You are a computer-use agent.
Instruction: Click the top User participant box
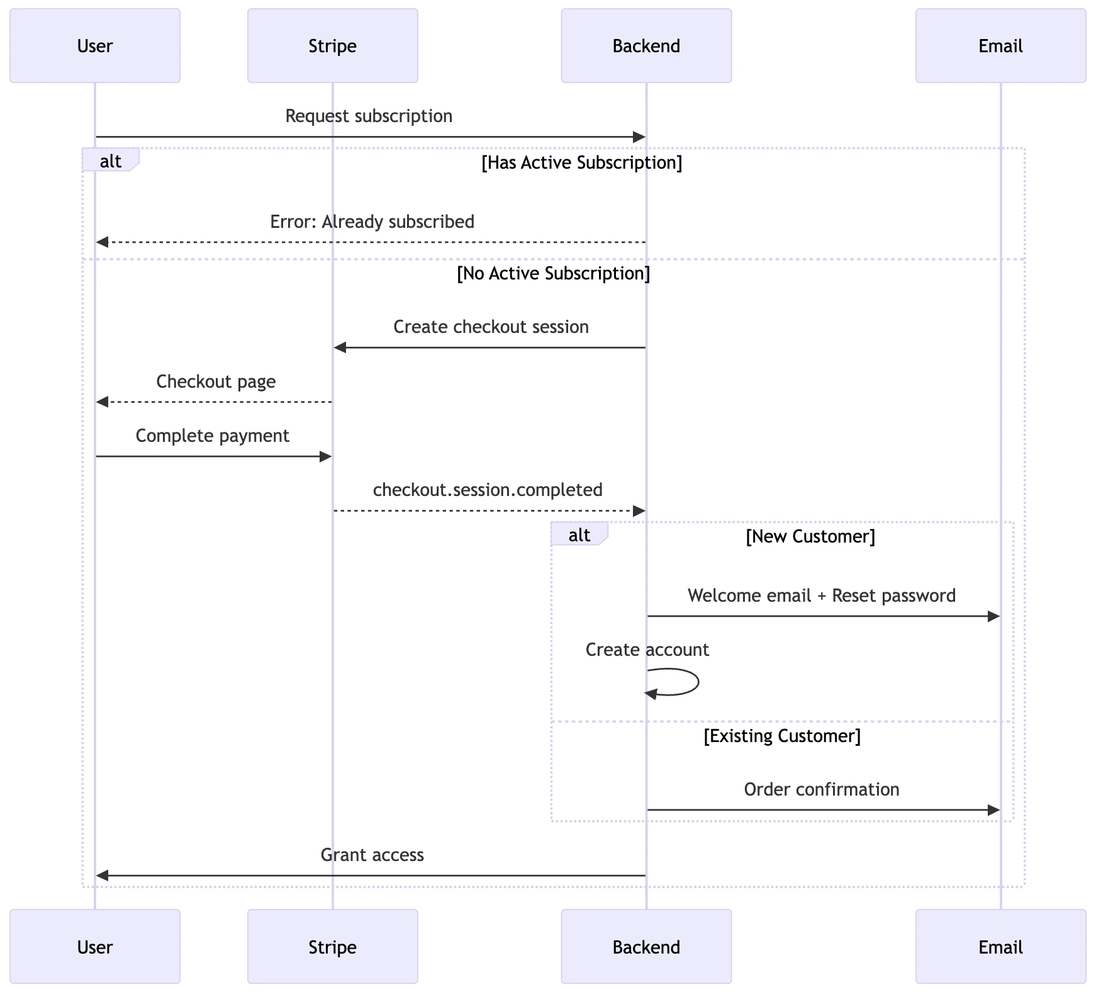(95, 46)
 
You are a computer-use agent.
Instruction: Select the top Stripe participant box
(332, 46)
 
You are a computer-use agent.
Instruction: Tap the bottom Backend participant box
(646, 947)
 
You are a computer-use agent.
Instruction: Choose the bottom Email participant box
(1000, 947)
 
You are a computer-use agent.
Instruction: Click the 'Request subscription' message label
(369, 116)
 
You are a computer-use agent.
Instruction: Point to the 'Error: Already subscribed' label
(372, 222)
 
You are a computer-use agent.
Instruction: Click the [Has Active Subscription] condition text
(581, 163)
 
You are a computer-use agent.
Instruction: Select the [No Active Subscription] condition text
(553, 274)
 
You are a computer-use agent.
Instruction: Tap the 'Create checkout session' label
(491, 327)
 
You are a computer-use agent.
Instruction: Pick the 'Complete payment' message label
(212, 436)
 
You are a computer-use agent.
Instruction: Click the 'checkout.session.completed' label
(488, 490)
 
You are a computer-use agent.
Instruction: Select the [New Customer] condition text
(810, 537)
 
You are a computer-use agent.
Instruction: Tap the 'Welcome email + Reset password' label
(821, 596)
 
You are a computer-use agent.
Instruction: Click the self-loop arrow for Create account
(697, 682)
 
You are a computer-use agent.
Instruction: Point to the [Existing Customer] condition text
(782, 736)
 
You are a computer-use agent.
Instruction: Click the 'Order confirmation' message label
(821, 790)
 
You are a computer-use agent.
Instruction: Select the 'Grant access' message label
(372, 855)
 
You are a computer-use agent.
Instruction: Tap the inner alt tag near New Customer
(579, 536)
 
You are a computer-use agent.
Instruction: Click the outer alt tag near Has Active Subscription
(110, 162)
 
